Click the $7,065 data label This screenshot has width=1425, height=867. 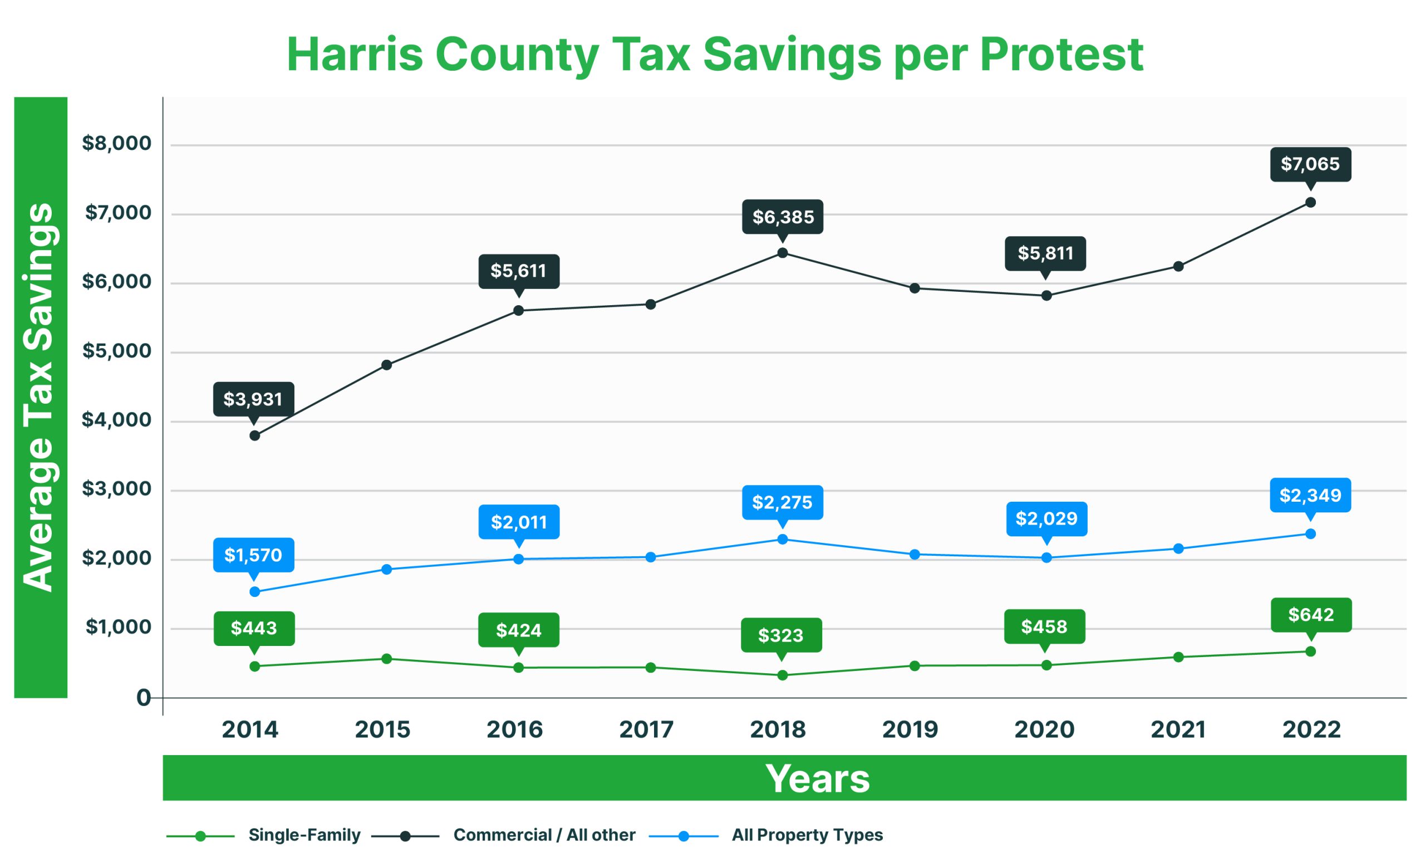[1310, 164]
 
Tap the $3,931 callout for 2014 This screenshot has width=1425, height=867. [253, 399]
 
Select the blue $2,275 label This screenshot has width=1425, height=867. [782, 502]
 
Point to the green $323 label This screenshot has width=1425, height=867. [781, 635]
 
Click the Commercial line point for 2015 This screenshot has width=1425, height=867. [387, 365]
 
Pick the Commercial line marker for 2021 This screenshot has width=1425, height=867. [1178, 267]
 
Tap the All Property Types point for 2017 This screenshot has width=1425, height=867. [651, 557]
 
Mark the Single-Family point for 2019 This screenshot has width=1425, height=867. [915, 666]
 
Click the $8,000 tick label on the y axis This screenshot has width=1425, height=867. [116, 144]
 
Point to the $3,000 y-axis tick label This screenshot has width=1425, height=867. [116, 489]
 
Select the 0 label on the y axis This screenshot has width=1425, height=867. [143, 698]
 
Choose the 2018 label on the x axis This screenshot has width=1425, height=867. [777, 730]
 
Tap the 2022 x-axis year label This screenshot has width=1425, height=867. [1311, 730]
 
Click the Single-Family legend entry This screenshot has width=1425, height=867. [304, 835]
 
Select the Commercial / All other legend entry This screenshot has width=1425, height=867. [544, 835]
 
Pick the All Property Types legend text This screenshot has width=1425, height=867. [807, 835]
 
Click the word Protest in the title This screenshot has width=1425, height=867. [1060, 55]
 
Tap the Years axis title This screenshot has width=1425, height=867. [817, 778]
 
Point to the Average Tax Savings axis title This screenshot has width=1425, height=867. [40, 398]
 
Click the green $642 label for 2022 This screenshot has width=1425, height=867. [1311, 614]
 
